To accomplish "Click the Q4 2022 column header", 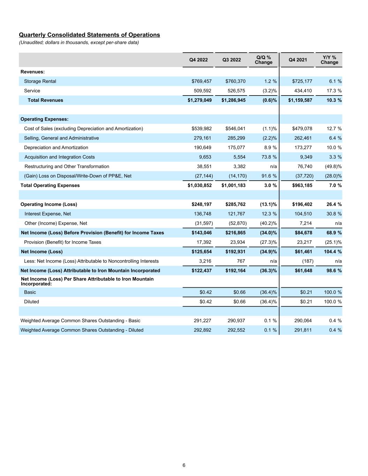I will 198,60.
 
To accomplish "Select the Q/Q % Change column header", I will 263,60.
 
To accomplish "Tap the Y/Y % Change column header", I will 329,60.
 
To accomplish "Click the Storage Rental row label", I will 40,81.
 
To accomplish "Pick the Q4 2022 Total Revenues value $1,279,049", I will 200,100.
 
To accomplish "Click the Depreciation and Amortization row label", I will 56,148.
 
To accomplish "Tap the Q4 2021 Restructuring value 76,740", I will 305,166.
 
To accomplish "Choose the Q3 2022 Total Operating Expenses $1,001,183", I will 233,185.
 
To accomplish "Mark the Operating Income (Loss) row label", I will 49,204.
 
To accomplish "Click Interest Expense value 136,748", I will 202,214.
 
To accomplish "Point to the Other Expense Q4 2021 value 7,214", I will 306,223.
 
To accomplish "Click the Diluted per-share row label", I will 31,302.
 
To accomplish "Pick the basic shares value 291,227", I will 202,320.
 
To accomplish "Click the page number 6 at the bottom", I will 184,465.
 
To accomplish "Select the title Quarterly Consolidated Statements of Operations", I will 89,35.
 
